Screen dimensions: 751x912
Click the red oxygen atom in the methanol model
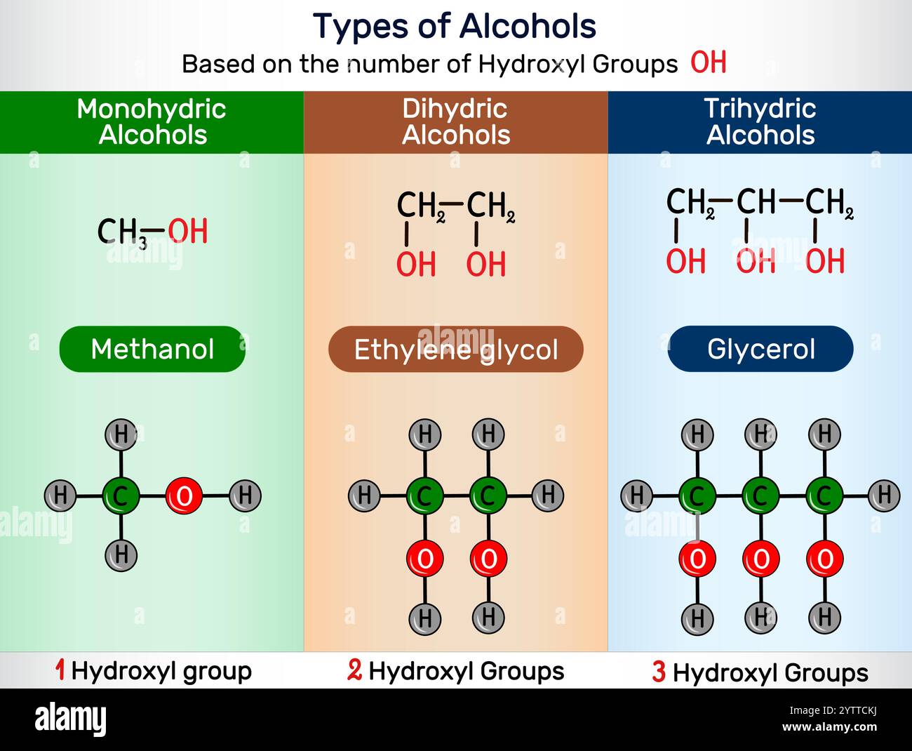click(x=184, y=496)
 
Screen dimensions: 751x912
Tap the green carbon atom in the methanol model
click(x=121, y=496)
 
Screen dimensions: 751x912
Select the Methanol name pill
click(x=152, y=349)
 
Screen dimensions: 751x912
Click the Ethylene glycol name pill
click(x=456, y=349)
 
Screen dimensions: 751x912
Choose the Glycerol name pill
click(x=760, y=349)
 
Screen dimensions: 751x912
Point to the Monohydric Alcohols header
click(x=152, y=121)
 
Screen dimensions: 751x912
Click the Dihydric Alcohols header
click(x=455, y=121)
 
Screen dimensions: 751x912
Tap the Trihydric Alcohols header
click(x=760, y=121)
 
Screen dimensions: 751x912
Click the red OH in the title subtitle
click(x=708, y=63)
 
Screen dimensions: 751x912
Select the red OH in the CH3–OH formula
click(x=188, y=232)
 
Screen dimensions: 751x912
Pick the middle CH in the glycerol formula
click(x=756, y=202)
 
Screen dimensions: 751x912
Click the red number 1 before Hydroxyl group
click(x=60, y=670)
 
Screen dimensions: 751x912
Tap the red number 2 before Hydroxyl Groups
click(x=355, y=670)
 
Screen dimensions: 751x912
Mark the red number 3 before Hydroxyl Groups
click(x=659, y=672)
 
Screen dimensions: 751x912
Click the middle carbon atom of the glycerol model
click(x=760, y=496)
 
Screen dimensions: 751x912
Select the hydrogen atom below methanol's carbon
click(x=121, y=555)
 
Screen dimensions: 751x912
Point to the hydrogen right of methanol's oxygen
click(x=245, y=496)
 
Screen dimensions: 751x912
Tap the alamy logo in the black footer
click(x=70, y=719)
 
